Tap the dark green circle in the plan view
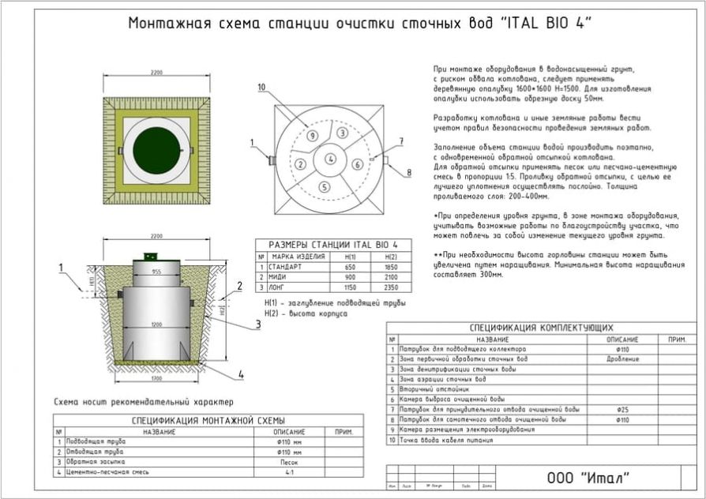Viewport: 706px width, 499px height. coord(156,148)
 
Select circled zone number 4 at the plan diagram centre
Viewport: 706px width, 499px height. coord(330,159)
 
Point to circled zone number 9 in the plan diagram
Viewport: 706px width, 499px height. coord(313,136)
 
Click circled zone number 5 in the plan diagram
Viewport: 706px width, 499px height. coord(324,187)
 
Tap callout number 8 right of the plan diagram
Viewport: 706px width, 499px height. coord(409,171)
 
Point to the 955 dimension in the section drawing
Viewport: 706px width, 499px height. coord(157,272)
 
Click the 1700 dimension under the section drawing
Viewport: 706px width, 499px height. coord(157,379)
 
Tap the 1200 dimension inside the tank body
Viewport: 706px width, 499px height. coord(157,324)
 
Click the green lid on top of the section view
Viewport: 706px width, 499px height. coord(150,256)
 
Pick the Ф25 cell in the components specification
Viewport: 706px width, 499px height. coord(623,410)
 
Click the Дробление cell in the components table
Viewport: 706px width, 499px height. coord(623,359)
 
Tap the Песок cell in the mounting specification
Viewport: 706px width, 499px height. coord(289,462)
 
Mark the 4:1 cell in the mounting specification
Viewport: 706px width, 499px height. coord(289,472)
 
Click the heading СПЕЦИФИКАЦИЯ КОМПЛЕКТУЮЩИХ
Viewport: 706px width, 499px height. coord(541,328)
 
